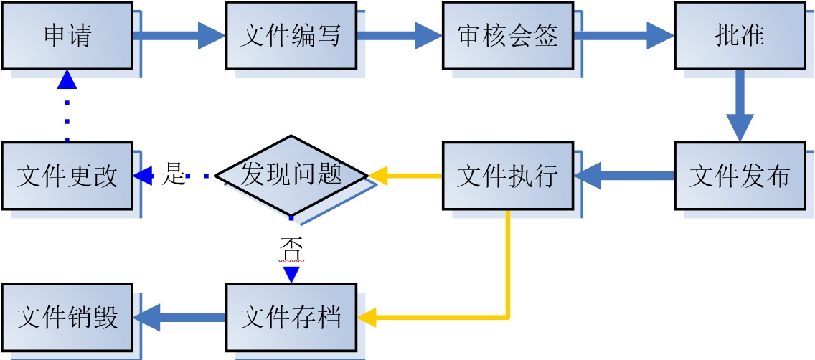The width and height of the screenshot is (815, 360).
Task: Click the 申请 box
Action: click(x=67, y=35)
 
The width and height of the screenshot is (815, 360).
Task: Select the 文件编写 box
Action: click(x=291, y=35)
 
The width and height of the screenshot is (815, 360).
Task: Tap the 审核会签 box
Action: click(x=507, y=35)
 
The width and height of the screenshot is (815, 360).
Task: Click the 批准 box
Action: click(x=739, y=35)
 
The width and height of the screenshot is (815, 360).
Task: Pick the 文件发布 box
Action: click(x=739, y=176)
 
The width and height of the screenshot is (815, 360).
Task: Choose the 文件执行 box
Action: click(x=507, y=176)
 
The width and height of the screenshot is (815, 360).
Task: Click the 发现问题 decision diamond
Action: click(x=291, y=175)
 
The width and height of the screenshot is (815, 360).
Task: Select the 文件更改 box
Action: click(x=67, y=176)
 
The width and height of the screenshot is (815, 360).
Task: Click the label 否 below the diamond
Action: click(x=291, y=249)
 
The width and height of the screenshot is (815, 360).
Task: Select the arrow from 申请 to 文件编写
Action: click(x=179, y=35)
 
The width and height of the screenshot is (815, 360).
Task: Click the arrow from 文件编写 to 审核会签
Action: click(x=399, y=35)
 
